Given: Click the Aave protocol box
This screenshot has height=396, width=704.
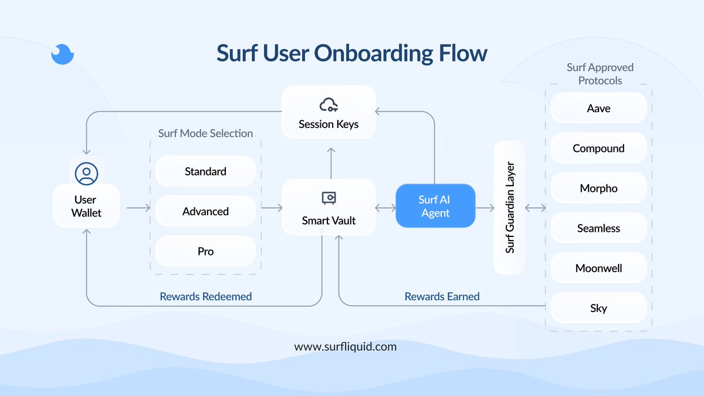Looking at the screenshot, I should [x=598, y=109].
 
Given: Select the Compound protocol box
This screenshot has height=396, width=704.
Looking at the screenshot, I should [x=598, y=148].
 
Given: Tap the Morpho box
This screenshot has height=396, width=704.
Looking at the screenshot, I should [x=598, y=188].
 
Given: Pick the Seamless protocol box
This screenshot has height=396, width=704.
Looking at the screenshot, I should [x=598, y=228].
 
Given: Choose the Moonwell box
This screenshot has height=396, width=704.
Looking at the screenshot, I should [x=598, y=268].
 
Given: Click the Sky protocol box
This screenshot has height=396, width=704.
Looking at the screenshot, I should [x=598, y=308].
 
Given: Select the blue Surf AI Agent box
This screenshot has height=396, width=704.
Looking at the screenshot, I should [x=435, y=206].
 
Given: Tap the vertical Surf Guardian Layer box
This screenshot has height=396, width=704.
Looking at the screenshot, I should [x=509, y=208].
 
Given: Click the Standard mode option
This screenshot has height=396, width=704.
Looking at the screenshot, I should [x=205, y=171].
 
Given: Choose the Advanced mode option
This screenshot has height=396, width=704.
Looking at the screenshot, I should [x=205, y=211].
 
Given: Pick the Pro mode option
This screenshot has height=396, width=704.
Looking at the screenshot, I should [x=205, y=251].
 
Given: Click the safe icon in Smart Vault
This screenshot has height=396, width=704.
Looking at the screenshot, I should [x=329, y=198].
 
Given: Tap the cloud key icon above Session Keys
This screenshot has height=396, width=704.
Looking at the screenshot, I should [x=329, y=106].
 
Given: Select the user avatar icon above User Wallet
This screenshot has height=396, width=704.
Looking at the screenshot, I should [x=87, y=174].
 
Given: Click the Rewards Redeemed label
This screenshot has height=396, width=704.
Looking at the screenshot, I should [x=205, y=296].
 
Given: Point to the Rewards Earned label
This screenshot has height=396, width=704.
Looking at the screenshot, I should [x=442, y=296].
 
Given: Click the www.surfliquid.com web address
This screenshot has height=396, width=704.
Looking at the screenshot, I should [x=345, y=346].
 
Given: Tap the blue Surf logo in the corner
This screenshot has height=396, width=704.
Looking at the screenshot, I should [x=62, y=54].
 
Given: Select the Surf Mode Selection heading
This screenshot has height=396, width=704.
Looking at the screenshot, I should [x=205, y=133].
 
